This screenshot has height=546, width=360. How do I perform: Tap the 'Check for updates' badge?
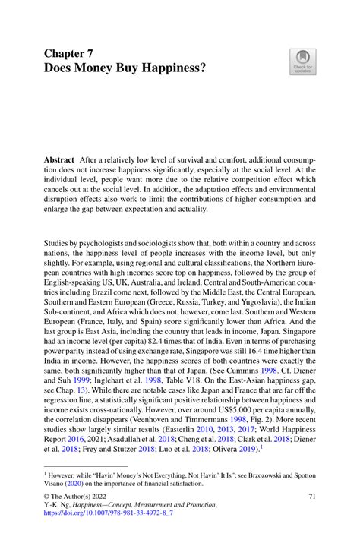point(301,62)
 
